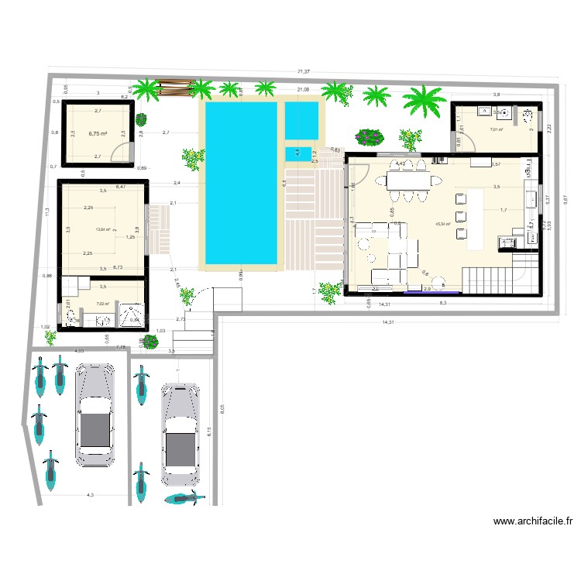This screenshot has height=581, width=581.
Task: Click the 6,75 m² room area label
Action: (97, 133)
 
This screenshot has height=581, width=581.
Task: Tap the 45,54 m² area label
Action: (444, 224)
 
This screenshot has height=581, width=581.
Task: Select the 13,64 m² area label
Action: (102, 229)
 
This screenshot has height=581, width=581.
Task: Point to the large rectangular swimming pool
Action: (239, 184)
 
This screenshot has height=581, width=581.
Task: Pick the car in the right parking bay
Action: (180, 432)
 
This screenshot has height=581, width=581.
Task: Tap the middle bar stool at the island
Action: (462, 216)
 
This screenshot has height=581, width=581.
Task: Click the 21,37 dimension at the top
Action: (304, 71)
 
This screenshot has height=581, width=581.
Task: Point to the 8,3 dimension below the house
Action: (442, 302)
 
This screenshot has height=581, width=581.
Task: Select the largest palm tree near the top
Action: (424, 101)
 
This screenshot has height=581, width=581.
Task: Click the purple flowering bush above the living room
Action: (370, 137)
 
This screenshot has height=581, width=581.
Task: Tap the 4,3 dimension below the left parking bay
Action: (90, 494)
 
